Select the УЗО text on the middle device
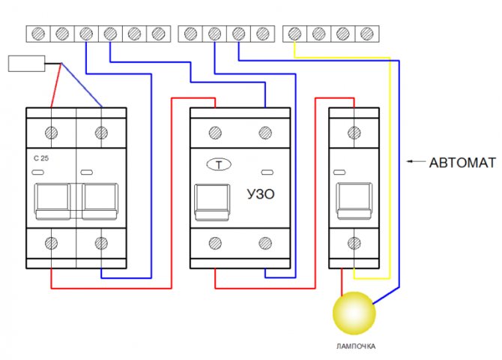[x=260, y=194]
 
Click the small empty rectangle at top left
[x=25, y=63]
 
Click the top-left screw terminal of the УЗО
[x=216, y=133]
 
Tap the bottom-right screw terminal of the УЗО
[x=264, y=243]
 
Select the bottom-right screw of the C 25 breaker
[x=100, y=243]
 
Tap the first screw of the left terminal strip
[x=39, y=33]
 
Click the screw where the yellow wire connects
[x=295, y=33]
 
